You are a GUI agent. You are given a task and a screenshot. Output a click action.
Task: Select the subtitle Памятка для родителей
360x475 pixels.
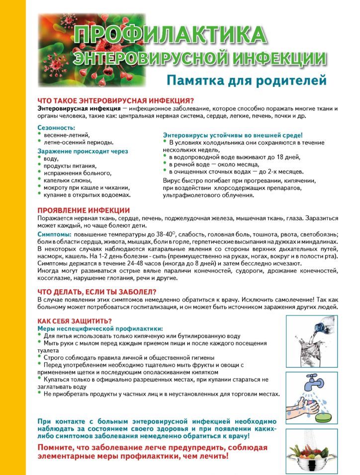tap(246, 79)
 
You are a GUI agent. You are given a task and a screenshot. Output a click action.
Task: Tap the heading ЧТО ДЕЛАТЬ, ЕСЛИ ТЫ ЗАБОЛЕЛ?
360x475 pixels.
tap(97, 292)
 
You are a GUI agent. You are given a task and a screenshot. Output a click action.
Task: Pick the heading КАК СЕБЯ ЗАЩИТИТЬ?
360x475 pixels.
tap(75, 321)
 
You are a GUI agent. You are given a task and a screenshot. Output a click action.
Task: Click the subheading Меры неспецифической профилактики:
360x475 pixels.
tap(100, 328)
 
